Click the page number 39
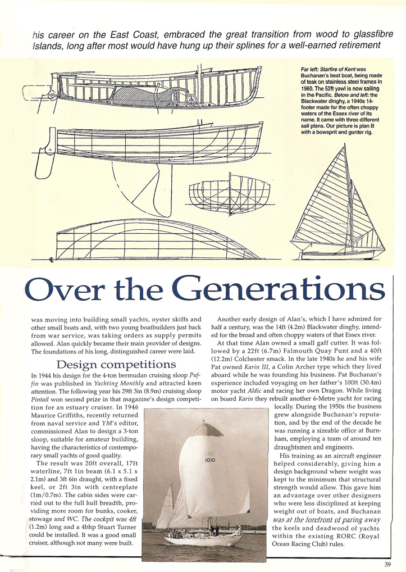387,565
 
